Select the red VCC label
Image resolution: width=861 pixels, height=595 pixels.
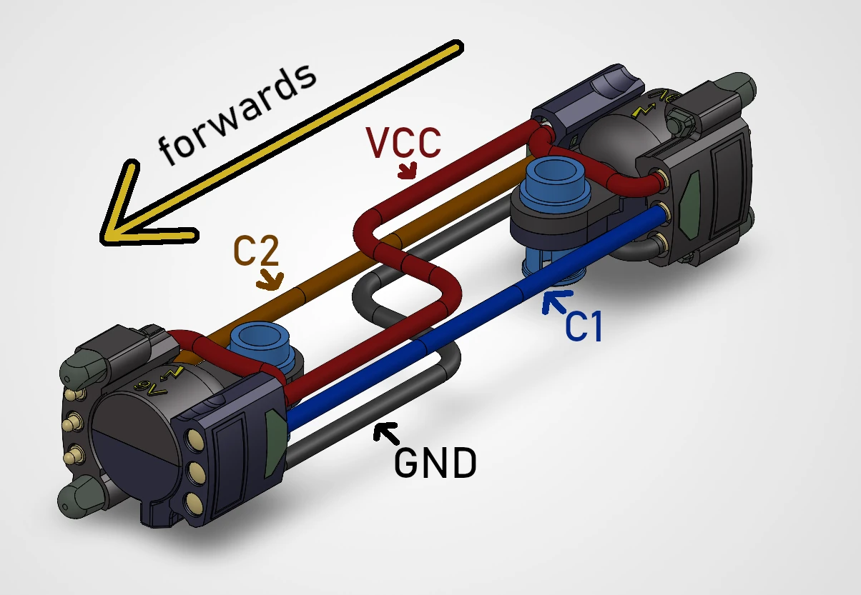(x=403, y=143)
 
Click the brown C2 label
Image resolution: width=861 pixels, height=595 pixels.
(x=255, y=251)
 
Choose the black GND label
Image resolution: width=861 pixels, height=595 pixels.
(x=435, y=464)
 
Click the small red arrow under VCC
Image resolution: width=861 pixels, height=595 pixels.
(x=408, y=172)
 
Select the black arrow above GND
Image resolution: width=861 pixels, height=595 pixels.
(x=388, y=431)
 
